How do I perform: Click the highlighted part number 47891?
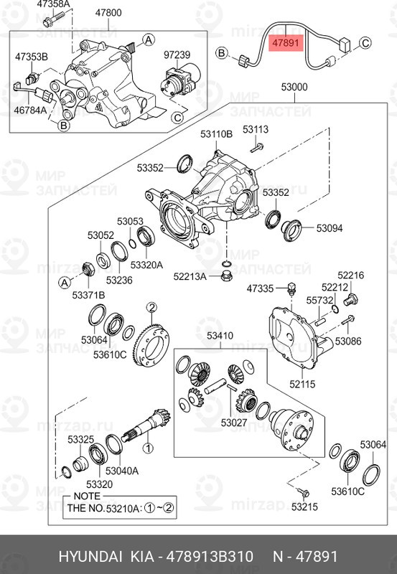coord(285,43)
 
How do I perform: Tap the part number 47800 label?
coord(108,13)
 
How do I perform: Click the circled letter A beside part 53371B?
coord(65,283)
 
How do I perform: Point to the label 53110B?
coord(216,134)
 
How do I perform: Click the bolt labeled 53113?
coord(257,148)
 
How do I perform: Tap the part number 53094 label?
coord(330,228)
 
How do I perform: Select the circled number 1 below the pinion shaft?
coord(148,448)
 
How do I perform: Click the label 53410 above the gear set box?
coord(220,336)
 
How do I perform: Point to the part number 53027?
coord(234,423)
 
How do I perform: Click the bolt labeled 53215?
coord(303,492)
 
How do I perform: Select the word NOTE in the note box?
coord(87,496)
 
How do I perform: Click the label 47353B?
coord(32,57)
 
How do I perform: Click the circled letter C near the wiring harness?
coord(365,43)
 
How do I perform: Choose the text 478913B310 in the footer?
coord(210,557)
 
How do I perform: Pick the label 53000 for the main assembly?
coord(294,88)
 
